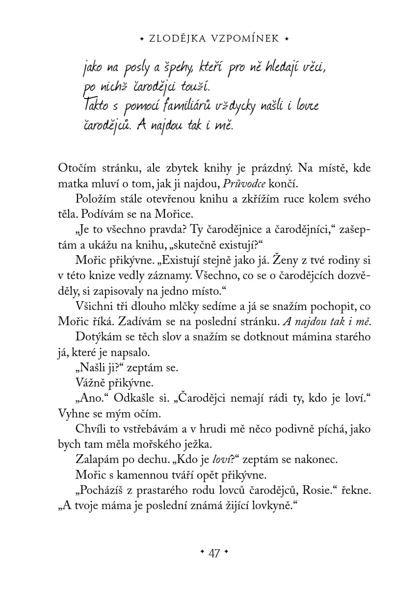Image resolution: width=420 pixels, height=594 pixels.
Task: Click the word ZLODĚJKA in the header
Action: pos(177,38)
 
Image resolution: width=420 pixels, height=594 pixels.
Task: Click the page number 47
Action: pos(214,553)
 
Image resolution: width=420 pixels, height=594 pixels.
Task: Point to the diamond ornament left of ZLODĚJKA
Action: pos(142,38)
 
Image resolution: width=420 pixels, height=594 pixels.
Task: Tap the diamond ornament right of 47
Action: pos(226,553)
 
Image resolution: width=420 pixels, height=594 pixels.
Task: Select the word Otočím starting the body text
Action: pos(76,168)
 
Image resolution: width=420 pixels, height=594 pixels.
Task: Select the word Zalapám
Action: pos(96,460)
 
